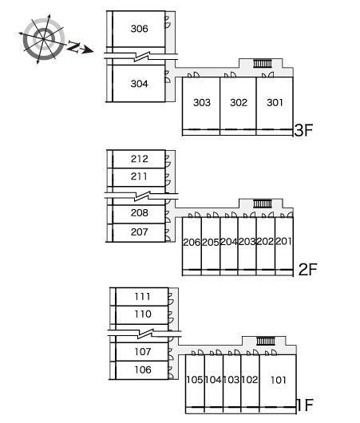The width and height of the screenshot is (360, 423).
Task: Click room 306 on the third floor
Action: (139, 29)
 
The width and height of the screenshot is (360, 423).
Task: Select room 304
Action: (139, 84)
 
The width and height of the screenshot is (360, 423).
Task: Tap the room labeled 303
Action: (201, 103)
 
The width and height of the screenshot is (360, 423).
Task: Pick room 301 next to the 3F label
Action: (275, 103)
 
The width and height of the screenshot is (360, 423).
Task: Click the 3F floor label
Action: (303, 130)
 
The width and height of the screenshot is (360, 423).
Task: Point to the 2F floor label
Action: (307, 269)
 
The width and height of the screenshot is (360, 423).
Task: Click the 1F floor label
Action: (305, 405)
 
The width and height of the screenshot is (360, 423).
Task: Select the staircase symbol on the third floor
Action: (263, 64)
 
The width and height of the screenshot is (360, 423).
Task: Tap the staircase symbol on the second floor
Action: (263, 204)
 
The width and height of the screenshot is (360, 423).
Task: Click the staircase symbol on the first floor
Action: (266, 341)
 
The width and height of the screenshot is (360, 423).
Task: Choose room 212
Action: (139, 159)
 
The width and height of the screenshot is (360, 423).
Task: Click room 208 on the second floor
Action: (139, 213)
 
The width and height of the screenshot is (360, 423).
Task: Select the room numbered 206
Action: (192, 243)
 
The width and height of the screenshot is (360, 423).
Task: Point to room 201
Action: (284, 242)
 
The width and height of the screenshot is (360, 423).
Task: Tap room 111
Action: (142, 297)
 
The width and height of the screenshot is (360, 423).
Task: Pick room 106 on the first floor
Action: (142, 370)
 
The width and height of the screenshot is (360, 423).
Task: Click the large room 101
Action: (278, 381)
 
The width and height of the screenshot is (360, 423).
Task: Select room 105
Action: (195, 380)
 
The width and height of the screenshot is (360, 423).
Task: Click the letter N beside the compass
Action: (73, 46)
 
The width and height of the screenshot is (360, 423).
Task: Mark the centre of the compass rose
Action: (43, 39)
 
